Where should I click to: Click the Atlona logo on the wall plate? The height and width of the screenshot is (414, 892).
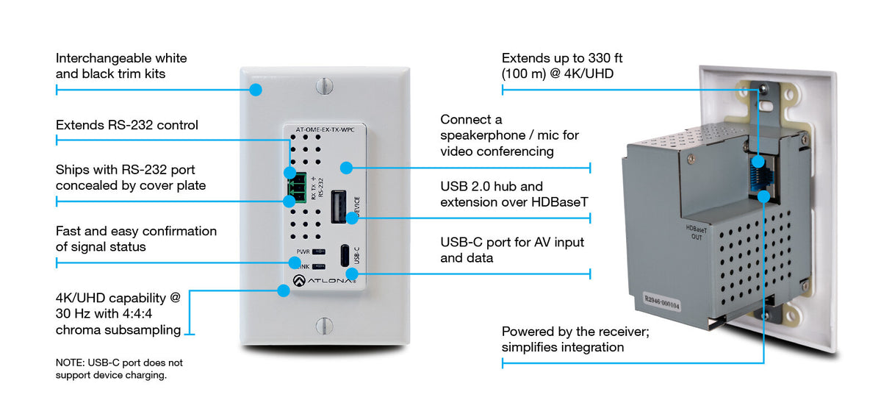tap(323, 279)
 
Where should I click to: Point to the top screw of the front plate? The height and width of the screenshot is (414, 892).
tap(324, 87)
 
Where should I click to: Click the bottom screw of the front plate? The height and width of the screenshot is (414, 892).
tap(324, 325)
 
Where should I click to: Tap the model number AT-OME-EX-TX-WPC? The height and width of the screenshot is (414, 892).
tap(324, 130)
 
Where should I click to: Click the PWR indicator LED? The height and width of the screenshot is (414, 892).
tap(319, 251)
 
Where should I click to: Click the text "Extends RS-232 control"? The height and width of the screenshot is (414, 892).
tap(127, 125)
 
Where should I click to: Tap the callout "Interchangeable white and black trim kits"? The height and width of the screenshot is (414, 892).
tap(121, 65)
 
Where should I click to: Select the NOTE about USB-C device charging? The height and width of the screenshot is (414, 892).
tap(119, 369)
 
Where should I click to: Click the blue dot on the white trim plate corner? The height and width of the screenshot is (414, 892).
tap(255, 90)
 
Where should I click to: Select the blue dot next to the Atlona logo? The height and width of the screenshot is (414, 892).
tap(283, 290)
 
